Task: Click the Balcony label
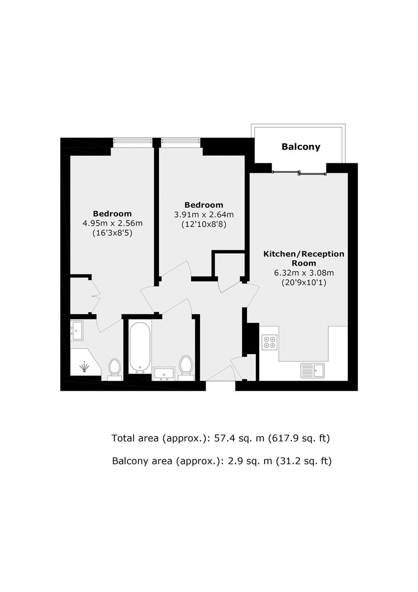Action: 301,146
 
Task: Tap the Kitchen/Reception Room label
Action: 304,258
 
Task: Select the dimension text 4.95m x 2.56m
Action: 112,223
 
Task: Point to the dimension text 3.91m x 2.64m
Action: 204,214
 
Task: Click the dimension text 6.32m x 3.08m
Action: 304,272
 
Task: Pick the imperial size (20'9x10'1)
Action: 304,282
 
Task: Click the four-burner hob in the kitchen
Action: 270,342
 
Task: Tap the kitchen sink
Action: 312,371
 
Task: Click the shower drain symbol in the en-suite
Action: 84,367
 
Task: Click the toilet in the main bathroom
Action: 185,366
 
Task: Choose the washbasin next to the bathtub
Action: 164,374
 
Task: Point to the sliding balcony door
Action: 299,173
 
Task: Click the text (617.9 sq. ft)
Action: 299,439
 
